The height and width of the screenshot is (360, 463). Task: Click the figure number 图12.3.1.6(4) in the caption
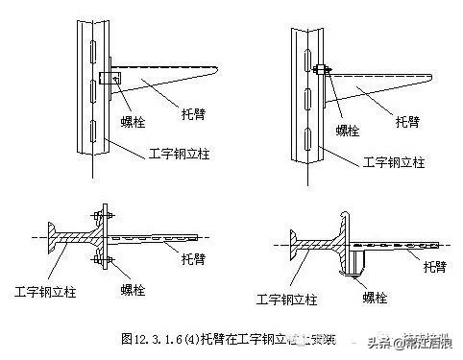[159, 338]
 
